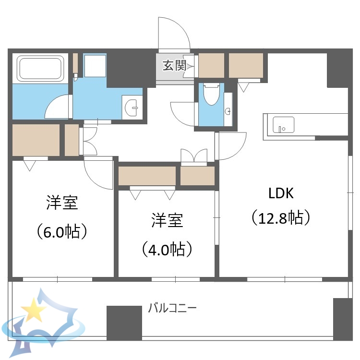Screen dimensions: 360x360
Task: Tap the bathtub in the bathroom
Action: pyautogui.click(x=41, y=69)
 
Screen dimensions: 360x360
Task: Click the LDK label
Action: pyautogui.click(x=281, y=193)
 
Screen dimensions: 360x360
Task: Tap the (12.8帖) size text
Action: pyautogui.click(x=281, y=218)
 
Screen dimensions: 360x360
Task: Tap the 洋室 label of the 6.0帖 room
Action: pyautogui.click(x=62, y=203)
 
